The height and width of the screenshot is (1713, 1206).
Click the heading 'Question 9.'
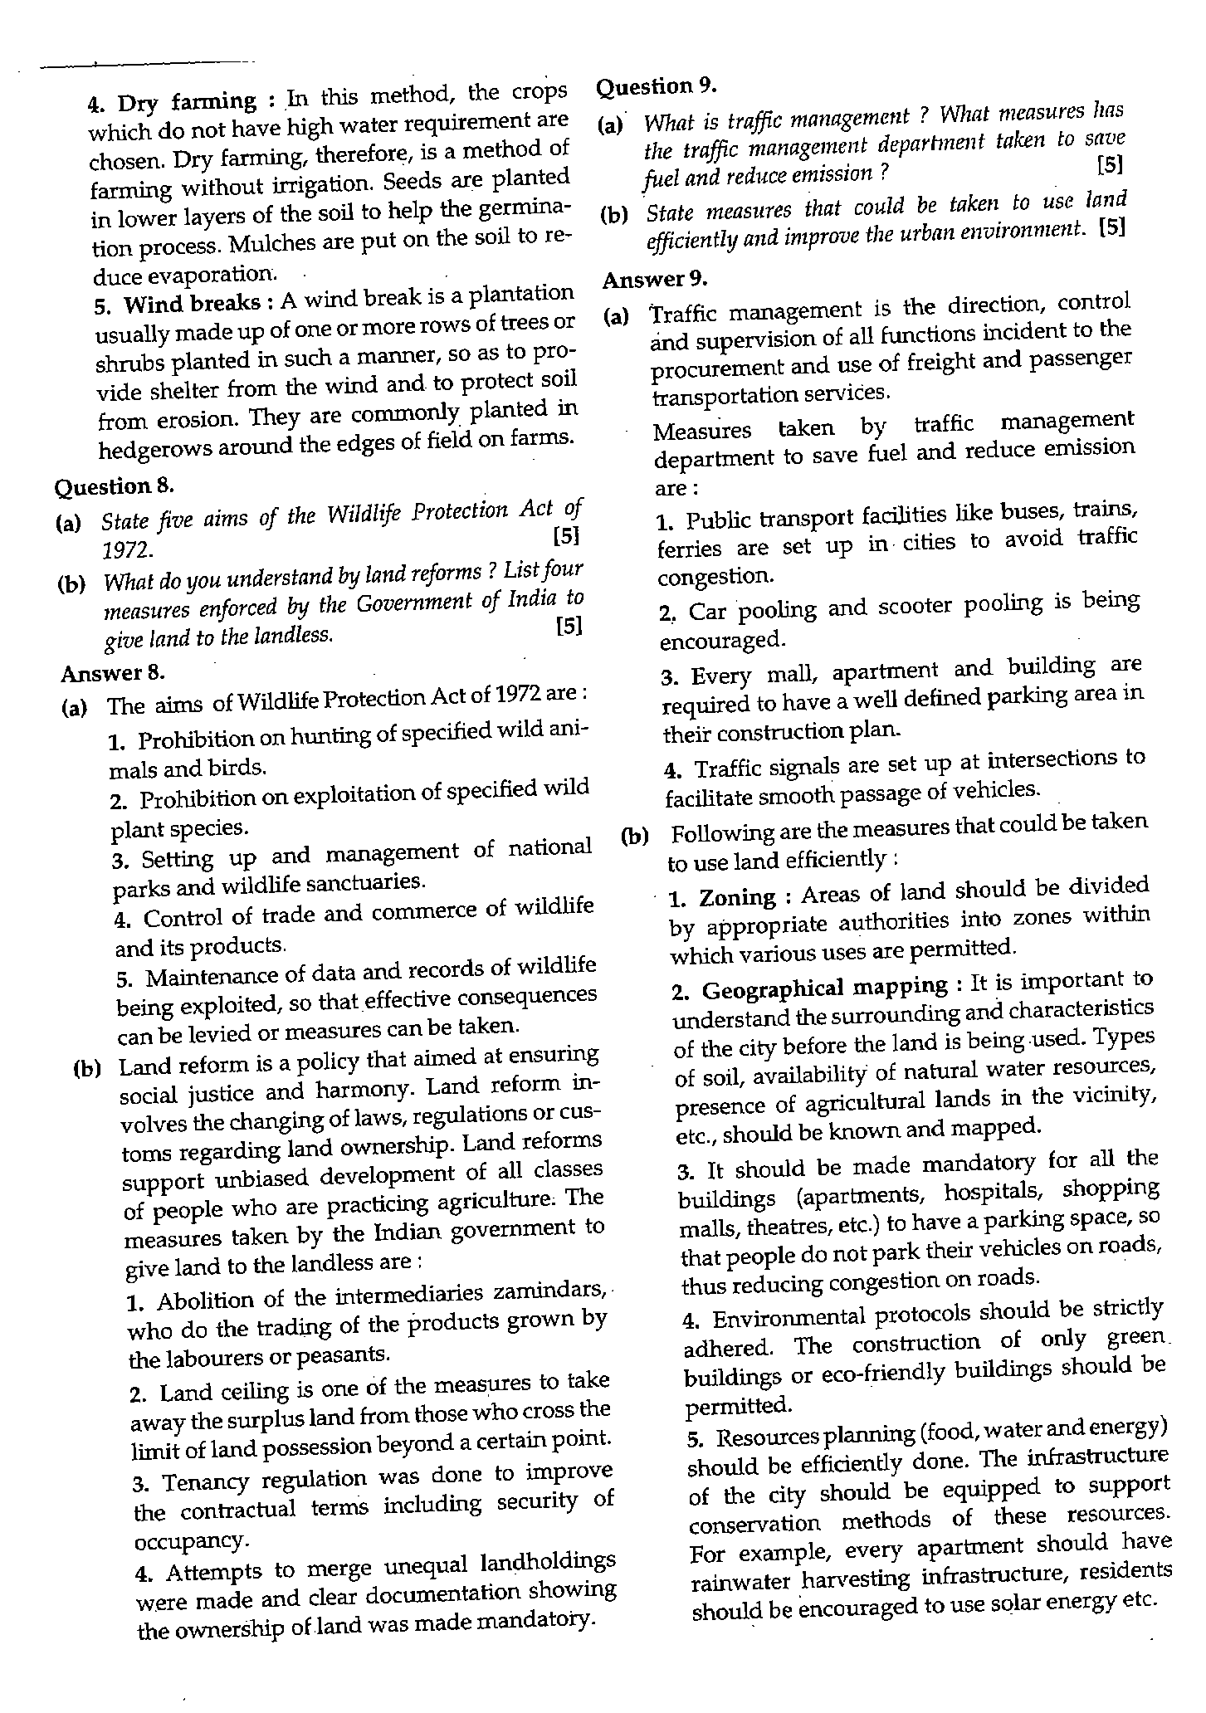(656, 86)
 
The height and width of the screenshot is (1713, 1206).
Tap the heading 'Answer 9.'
(655, 280)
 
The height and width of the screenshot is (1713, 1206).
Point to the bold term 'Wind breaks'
(192, 304)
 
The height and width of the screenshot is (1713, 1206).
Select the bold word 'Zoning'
(737, 898)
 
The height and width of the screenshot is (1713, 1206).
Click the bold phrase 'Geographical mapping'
(824, 988)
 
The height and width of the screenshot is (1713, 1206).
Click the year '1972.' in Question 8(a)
(126, 550)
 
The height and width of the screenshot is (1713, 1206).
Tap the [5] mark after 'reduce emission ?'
(1109, 165)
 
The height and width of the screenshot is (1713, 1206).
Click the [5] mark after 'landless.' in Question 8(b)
(569, 626)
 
